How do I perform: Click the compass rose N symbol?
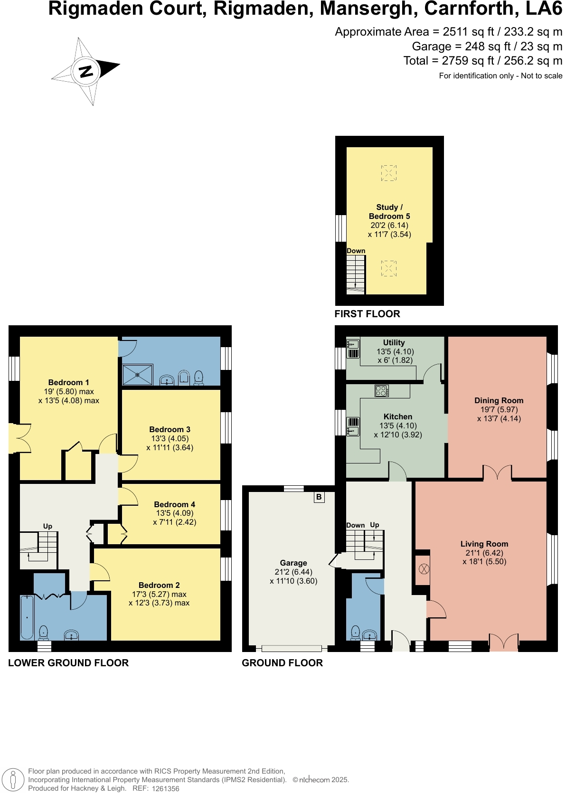tap(86, 72)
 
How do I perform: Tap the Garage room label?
tap(293, 563)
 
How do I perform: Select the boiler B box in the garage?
tap(319, 497)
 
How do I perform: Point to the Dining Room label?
tap(499, 400)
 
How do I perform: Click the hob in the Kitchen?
tap(382, 390)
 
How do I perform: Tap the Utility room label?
tap(394, 342)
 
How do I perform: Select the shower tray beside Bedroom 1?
tap(138, 375)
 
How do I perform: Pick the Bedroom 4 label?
tap(174, 504)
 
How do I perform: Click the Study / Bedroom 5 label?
tap(389, 212)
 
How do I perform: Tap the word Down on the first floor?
tap(356, 251)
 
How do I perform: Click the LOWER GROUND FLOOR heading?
tap(68, 663)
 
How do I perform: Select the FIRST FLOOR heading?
tap(367, 314)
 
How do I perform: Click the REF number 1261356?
tap(165, 788)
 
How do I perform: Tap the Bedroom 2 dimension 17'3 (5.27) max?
tap(159, 594)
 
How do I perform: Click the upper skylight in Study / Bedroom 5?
tap(388, 173)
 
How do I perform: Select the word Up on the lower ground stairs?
tap(47, 526)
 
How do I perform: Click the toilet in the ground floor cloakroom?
tap(355, 633)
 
